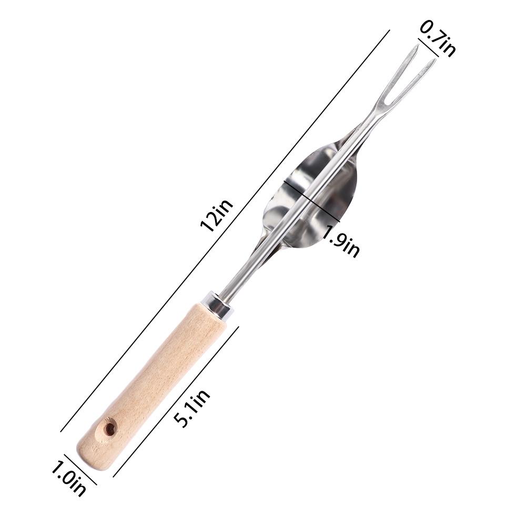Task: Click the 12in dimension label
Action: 216,216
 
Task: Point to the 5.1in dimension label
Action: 192,409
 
